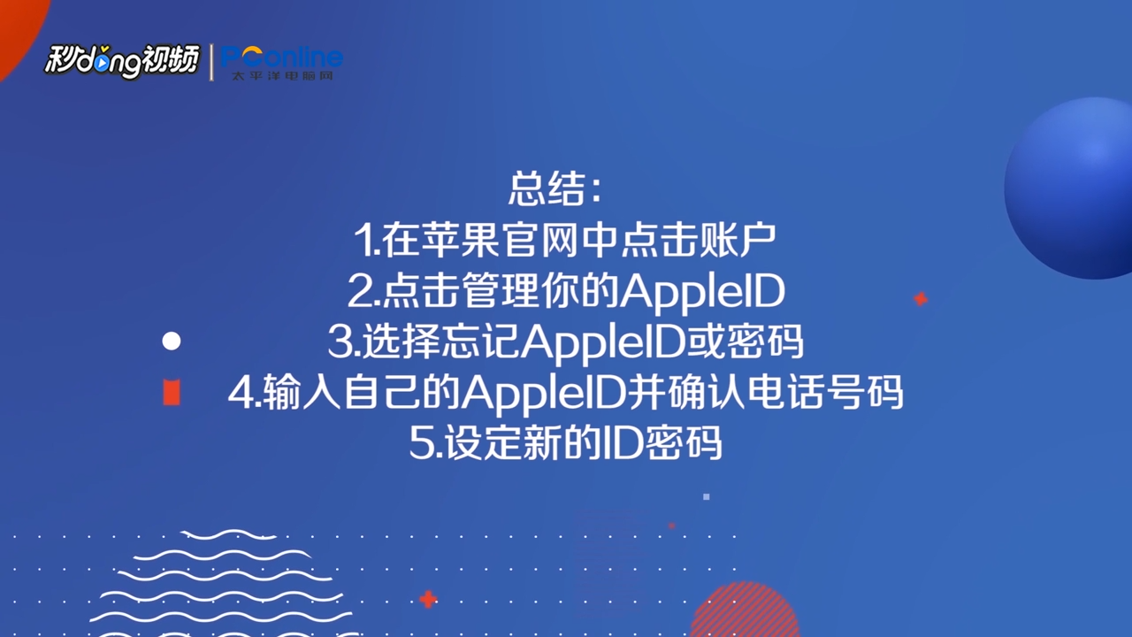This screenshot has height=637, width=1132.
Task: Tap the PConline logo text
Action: [282, 57]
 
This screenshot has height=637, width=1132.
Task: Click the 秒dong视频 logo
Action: [122, 62]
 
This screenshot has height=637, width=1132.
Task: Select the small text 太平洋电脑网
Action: [282, 76]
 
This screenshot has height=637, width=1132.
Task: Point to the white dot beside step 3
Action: [172, 342]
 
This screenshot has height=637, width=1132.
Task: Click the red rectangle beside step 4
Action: [172, 392]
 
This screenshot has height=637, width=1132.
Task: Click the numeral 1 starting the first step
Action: [363, 240]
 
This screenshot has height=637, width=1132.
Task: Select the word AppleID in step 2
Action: [702, 291]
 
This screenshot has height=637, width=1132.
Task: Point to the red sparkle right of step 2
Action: [921, 299]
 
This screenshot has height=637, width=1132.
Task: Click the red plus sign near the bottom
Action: [428, 600]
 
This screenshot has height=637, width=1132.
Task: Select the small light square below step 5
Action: [707, 497]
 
